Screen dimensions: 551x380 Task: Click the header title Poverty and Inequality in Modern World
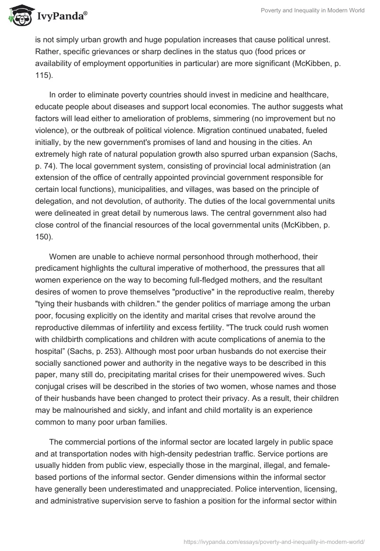click(x=313, y=11)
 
